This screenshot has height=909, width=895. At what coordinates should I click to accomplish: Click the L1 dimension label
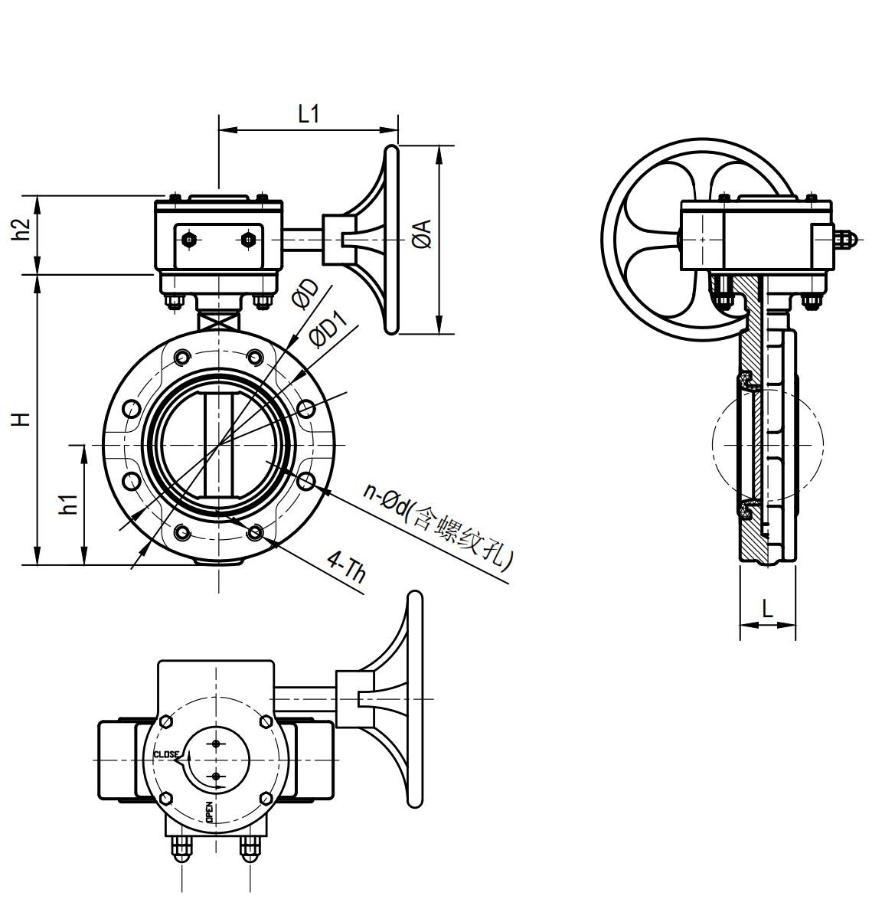pyautogui.click(x=308, y=114)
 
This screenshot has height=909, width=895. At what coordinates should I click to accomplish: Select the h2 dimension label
pyautogui.click(x=24, y=229)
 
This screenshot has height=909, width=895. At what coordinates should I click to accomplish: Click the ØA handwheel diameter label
pyautogui.click(x=423, y=234)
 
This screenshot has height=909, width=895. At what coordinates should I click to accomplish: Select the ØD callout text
pyautogui.click(x=305, y=293)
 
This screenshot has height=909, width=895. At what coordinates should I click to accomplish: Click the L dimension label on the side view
pyautogui.click(x=767, y=610)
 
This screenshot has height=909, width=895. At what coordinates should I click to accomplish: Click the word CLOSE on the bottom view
pyautogui.click(x=166, y=754)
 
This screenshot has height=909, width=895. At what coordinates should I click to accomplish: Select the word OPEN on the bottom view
pyautogui.click(x=208, y=813)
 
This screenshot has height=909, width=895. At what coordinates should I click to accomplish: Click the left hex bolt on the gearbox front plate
pyautogui.click(x=189, y=240)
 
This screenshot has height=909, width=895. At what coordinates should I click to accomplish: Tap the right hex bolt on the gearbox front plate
pyautogui.click(x=247, y=240)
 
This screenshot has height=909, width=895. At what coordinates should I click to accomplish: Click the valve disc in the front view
pyautogui.click(x=220, y=444)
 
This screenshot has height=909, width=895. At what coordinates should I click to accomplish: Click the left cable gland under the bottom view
pyautogui.click(x=181, y=848)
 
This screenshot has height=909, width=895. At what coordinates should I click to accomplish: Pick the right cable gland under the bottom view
pyautogui.click(x=250, y=848)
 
